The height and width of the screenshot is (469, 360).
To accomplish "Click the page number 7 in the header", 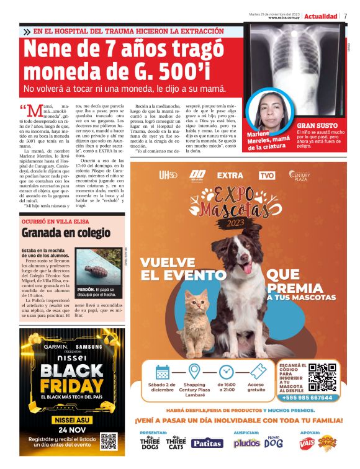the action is [x=345, y=16].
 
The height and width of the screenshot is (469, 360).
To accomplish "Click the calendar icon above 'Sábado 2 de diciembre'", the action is [x=162, y=372].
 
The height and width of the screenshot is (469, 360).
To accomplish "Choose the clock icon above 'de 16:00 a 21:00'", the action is [x=226, y=372].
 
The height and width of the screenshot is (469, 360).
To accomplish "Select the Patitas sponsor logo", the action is [x=206, y=443].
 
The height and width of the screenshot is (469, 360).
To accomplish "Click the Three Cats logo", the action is [x=176, y=443].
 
